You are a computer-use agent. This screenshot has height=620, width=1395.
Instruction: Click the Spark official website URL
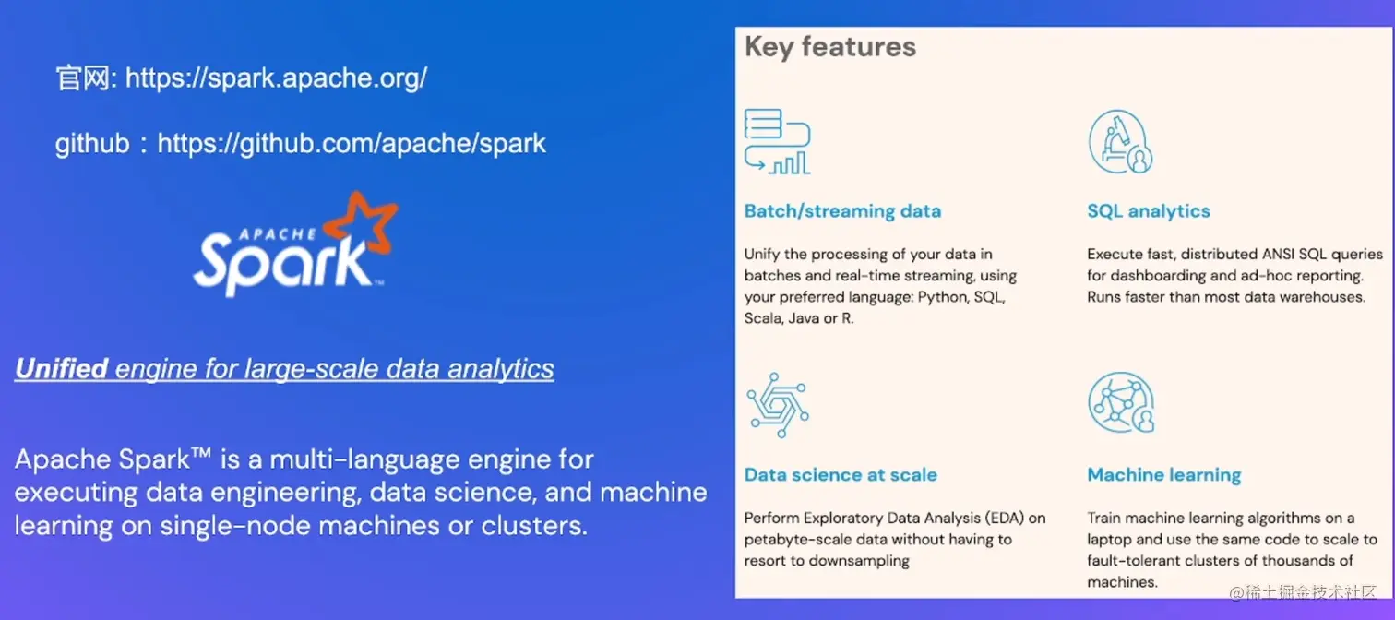276,77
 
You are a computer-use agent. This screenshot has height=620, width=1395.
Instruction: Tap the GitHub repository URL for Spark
352,144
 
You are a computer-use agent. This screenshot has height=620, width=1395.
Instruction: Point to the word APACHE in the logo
260,232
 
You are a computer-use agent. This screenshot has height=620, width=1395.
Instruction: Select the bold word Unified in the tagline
61,369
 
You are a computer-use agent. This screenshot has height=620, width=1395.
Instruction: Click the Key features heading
830,47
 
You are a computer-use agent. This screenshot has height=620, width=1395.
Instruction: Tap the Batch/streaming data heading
842,211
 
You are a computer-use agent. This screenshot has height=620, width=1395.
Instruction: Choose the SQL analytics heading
1148,211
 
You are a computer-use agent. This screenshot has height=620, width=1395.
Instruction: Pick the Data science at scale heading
841,475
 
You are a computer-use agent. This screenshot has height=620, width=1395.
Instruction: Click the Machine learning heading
1163,475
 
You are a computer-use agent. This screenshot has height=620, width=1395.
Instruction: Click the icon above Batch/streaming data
777,141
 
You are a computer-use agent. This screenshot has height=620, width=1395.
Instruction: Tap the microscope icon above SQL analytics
1120,141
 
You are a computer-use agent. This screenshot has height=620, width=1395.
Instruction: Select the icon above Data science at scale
777,404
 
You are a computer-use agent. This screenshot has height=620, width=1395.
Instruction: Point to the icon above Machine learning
1120,403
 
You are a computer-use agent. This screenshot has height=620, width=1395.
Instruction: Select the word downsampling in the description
859,561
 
